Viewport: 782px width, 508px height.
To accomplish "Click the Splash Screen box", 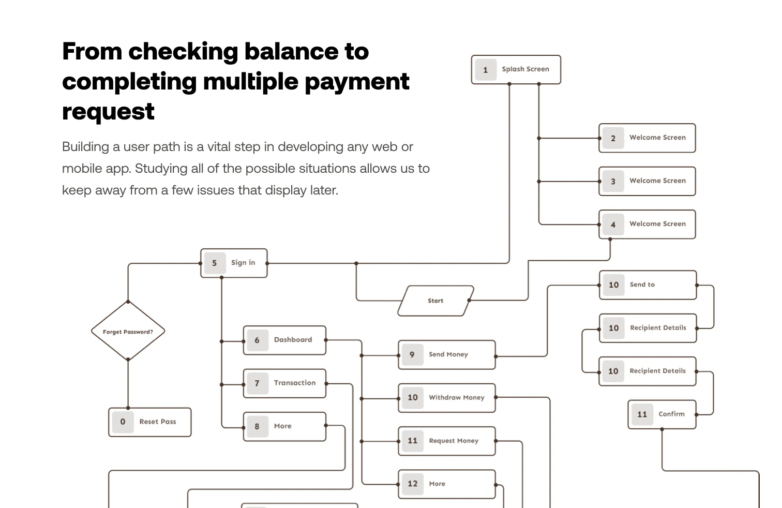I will [x=516, y=69].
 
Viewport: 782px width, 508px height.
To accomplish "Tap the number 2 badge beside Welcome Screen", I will [x=613, y=138].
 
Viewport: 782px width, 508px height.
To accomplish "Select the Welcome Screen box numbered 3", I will [x=647, y=181].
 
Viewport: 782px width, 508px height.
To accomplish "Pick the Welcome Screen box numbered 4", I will [x=647, y=224].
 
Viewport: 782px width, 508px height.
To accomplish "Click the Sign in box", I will [x=234, y=263].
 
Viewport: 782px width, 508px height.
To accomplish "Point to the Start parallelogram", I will [x=435, y=301].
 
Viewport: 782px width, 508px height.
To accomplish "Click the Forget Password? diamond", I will [x=128, y=332].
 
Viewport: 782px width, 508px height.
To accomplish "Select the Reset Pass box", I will [x=150, y=422].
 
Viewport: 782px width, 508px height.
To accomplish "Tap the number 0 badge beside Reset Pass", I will [x=123, y=422].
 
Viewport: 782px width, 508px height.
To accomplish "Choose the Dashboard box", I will [x=284, y=340].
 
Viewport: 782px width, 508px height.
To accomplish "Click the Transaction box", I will [x=284, y=383].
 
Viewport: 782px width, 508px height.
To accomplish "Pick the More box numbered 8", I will [x=284, y=426].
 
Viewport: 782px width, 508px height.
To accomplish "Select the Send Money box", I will [x=447, y=354].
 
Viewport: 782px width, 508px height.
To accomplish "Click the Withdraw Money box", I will [x=447, y=398].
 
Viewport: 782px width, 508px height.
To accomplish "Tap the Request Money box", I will [x=447, y=441].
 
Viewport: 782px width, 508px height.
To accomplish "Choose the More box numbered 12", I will [x=447, y=484].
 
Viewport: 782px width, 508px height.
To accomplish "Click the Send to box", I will [x=648, y=285].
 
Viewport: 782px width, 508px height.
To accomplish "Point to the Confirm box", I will [x=662, y=414].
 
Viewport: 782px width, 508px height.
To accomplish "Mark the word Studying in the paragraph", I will [x=160, y=169].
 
